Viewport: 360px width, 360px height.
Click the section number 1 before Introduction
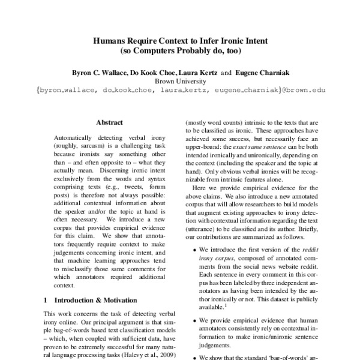click(x=46, y=299)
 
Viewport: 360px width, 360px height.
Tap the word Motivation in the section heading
click(x=117, y=299)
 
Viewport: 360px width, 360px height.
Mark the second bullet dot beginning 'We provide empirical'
click(x=192, y=320)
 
